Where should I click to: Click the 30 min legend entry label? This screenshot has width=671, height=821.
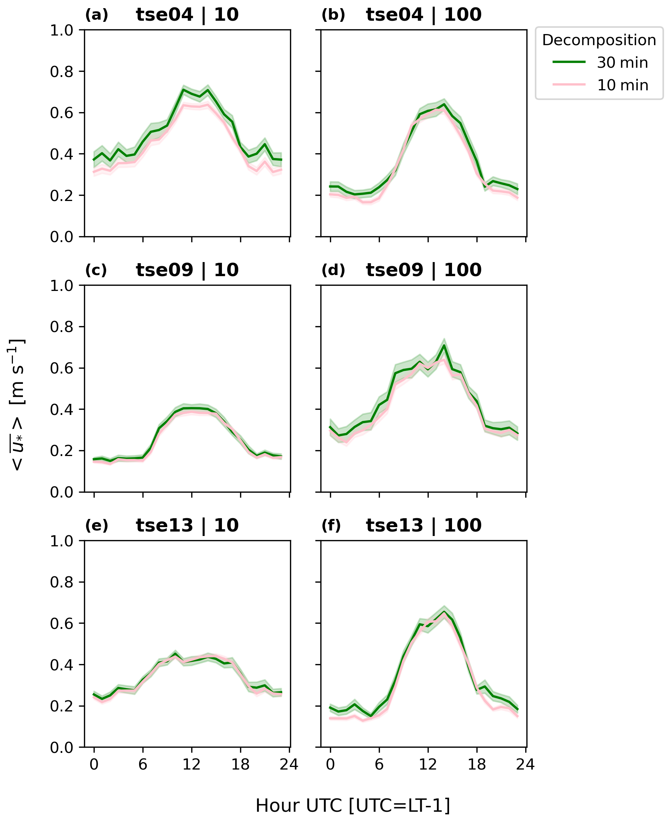click(622, 63)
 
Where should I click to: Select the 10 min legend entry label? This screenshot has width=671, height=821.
click(622, 85)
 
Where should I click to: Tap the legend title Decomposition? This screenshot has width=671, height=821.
click(599, 40)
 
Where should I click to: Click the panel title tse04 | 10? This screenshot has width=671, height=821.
click(187, 15)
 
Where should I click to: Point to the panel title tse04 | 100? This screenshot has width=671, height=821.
click(423, 15)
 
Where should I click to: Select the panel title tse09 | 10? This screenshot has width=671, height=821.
click(187, 270)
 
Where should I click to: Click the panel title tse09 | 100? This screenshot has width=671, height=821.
click(423, 270)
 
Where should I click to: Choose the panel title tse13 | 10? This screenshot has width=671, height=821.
click(187, 525)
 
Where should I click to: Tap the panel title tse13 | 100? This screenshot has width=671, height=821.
click(423, 525)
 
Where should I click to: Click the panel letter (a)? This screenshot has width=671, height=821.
click(97, 16)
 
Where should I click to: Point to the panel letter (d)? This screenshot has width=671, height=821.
click(333, 270)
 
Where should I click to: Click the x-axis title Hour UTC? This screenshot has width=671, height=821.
click(353, 806)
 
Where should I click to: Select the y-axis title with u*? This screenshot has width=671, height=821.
click(17, 405)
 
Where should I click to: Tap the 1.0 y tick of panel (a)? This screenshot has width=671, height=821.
click(61, 30)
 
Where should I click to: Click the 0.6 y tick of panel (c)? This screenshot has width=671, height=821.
click(61, 368)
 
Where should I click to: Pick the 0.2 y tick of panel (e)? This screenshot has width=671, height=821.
click(61, 706)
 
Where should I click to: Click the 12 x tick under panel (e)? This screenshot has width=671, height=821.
click(191, 764)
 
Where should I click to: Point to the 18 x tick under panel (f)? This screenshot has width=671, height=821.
click(476, 764)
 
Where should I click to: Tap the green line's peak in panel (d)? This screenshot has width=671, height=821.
click(444, 345)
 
